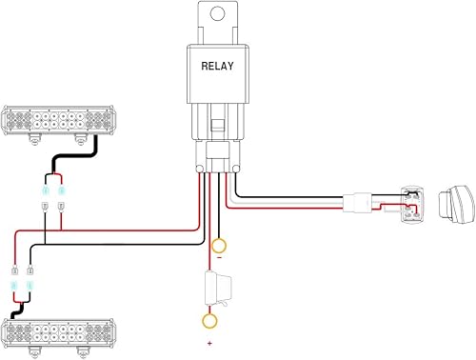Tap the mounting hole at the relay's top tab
[x=218, y=15]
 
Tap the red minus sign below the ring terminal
[x=219, y=257]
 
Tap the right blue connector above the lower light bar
[x=30, y=285]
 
